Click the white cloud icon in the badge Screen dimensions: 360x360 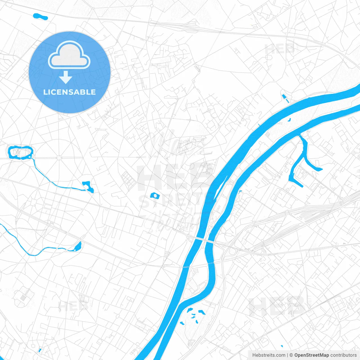coord(69,55)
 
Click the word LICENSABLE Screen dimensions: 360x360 coord(69,92)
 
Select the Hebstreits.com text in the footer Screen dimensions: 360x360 coord(269,355)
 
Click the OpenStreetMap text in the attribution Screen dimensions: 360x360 coord(311,355)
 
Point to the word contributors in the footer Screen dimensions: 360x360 coord(343,355)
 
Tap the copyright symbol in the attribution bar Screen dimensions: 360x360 coord(291,355)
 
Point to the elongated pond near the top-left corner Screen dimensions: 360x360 coord(40,17)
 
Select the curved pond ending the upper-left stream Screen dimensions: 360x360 coord(89,186)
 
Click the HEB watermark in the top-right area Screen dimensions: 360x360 coord(280,49)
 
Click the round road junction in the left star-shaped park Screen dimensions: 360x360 coord(59,158)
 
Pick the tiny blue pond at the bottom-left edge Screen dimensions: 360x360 coord(40,350)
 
